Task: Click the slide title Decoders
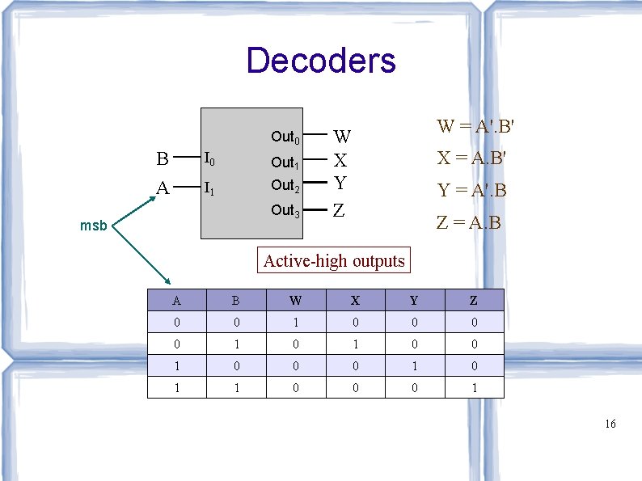tap(321, 61)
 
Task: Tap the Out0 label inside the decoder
tap(285, 137)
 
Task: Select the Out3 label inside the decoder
tap(285, 211)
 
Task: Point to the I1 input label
tap(209, 188)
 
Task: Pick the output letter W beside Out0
tap(342, 137)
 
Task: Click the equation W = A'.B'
tap(476, 127)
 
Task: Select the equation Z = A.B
tap(469, 222)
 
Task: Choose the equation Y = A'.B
tap(472, 191)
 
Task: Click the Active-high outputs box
tap(334, 260)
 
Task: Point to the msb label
tap(93, 226)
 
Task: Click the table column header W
tap(296, 301)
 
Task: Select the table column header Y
tap(414, 301)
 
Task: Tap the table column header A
tap(176, 301)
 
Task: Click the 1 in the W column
tap(296, 323)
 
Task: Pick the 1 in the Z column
tap(474, 387)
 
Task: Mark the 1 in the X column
tap(355, 344)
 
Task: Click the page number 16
tap(610, 424)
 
